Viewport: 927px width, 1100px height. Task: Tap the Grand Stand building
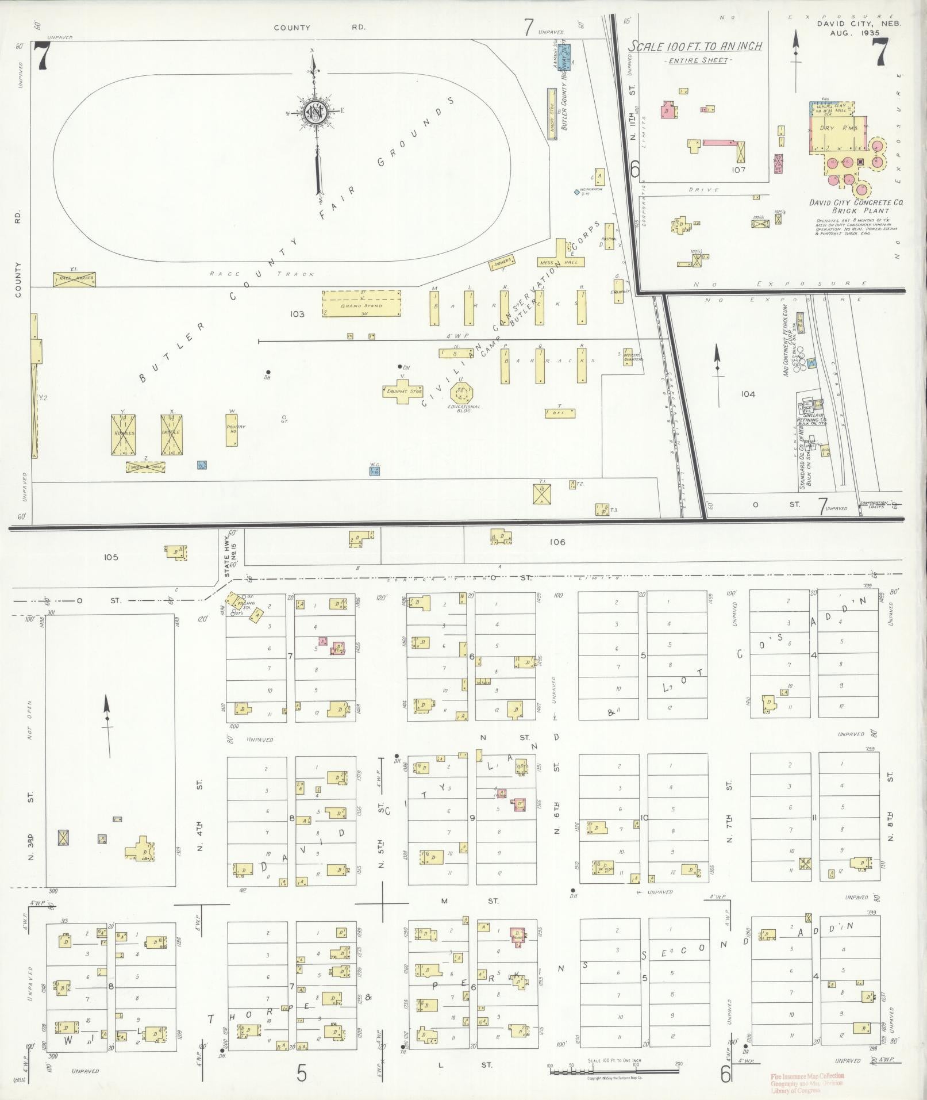pyautogui.click(x=361, y=303)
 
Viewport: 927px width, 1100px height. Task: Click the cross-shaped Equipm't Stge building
pyautogui.click(x=403, y=391)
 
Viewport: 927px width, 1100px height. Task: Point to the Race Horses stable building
pyautogui.click(x=74, y=279)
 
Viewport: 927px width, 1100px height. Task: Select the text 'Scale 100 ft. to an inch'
pyautogui.click(x=695, y=47)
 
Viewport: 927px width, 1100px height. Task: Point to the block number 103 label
pyautogui.click(x=297, y=314)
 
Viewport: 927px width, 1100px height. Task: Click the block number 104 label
pyautogui.click(x=748, y=394)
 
